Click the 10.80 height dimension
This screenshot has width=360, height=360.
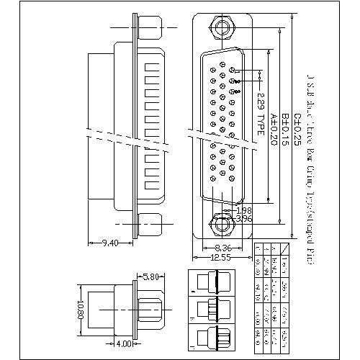(82, 311)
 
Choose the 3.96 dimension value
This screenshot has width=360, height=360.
(244, 217)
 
